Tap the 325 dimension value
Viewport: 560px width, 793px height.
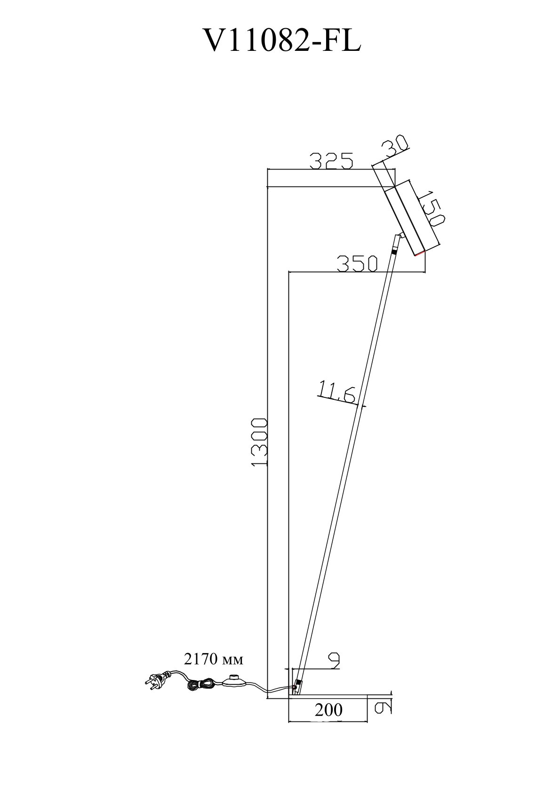331,161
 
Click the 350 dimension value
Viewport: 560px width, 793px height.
357,263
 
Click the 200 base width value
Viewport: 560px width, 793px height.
328,710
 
